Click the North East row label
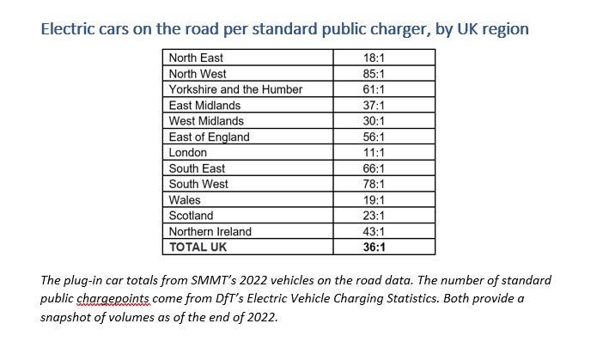[196, 58]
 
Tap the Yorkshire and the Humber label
[235, 89]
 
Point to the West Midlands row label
[206, 121]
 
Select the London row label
[188, 152]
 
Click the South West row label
[198, 184]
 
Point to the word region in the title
[502, 29]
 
